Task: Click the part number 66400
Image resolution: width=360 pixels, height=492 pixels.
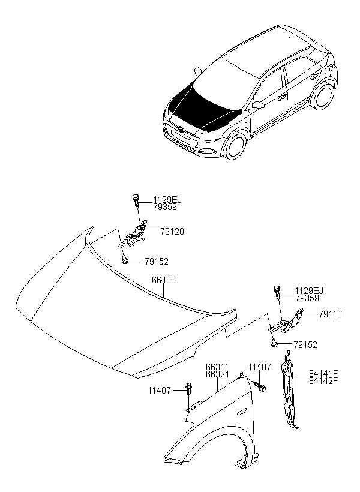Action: [x=164, y=280]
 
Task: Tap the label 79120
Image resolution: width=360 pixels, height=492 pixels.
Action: [x=172, y=232]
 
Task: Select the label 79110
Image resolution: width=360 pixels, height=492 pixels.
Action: [x=330, y=314]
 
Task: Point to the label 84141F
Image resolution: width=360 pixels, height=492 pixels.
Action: [x=323, y=373]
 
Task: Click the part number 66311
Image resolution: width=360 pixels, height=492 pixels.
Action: [x=217, y=367]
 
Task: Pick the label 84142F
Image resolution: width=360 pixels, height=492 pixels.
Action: [x=323, y=380]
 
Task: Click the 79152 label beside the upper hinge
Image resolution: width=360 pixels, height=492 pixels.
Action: [x=157, y=261]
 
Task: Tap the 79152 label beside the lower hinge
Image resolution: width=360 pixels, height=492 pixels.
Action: [x=305, y=345]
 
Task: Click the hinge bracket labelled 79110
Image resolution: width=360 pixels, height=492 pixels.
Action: [x=287, y=321]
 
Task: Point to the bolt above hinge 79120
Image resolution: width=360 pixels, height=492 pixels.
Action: [x=135, y=201]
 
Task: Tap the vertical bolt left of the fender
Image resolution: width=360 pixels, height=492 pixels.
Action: [x=189, y=389]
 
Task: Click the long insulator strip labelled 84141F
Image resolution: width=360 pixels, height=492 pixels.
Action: [x=289, y=389]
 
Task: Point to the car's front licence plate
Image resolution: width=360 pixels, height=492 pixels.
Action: [x=181, y=137]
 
